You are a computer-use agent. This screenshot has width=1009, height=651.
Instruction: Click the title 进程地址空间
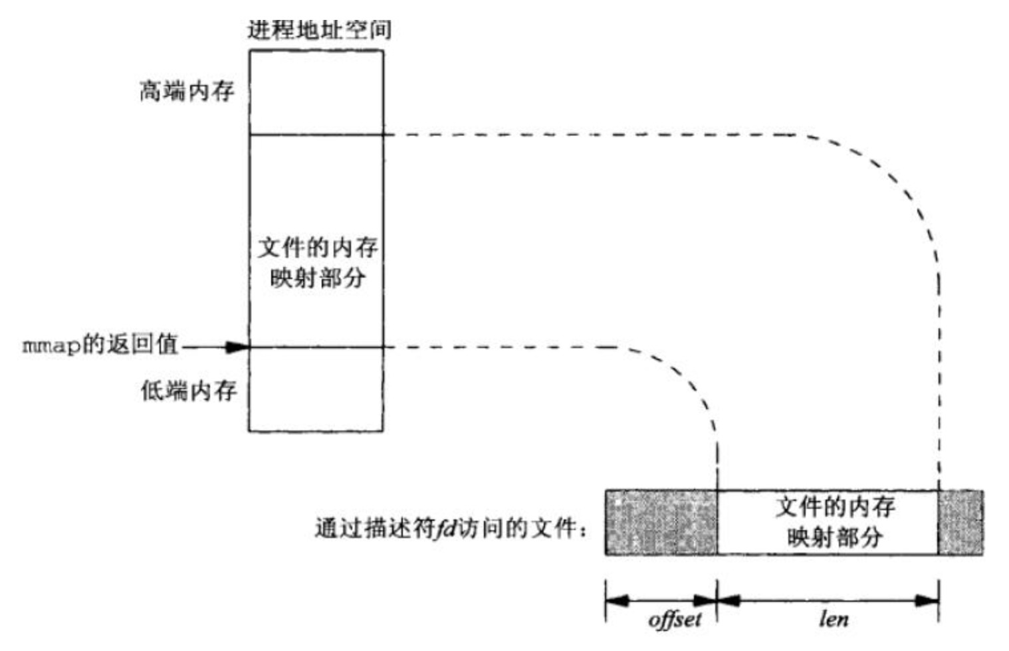click(319, 29)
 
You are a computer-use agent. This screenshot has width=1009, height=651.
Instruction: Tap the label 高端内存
click(187, 91)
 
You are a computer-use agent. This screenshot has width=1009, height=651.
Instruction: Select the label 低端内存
click(189, 391)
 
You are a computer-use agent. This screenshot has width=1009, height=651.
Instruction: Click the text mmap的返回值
click(100, 345)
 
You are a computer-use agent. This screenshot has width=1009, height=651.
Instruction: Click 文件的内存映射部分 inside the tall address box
click(318, 262)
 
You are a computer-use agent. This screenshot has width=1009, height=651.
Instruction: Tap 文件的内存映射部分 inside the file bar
click(835, 522)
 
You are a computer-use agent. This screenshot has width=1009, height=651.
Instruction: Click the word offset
click(674, 620)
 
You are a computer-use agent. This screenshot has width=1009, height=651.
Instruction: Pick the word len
click(834, 620)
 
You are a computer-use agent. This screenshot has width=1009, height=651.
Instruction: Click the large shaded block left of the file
click(661, 522)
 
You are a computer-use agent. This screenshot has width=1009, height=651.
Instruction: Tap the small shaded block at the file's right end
click(960, 522)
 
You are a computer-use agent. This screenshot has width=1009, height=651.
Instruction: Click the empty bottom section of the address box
click(316, 389)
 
